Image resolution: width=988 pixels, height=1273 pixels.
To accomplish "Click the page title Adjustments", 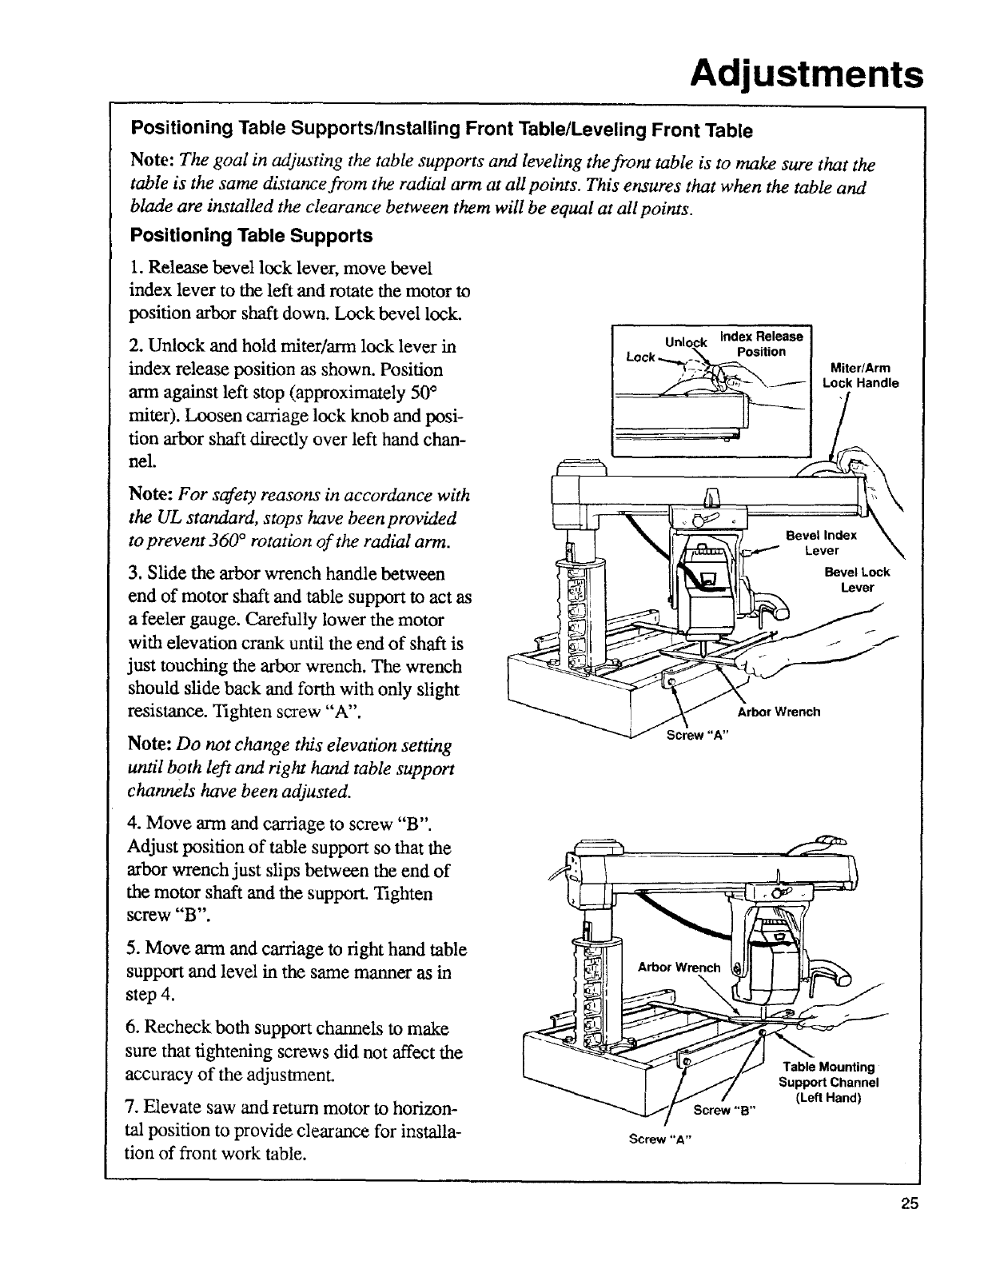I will coord(807,77).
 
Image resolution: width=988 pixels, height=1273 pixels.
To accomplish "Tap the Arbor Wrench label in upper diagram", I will coord(779,712).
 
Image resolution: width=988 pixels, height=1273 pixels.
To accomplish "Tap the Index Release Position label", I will coord(761,344).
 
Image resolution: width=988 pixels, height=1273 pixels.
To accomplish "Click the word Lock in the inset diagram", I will coord(640,357).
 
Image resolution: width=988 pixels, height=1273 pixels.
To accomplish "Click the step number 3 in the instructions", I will coord(133,574).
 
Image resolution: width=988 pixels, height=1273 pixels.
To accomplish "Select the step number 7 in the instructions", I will coord(133,1111).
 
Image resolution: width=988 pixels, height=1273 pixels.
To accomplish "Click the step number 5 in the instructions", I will coord(133,950).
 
